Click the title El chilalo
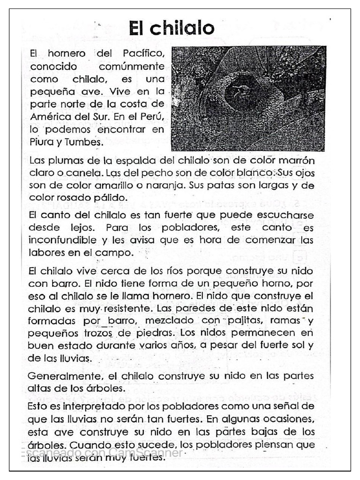(x=172, y=28)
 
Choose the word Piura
(x=40, y=141)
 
